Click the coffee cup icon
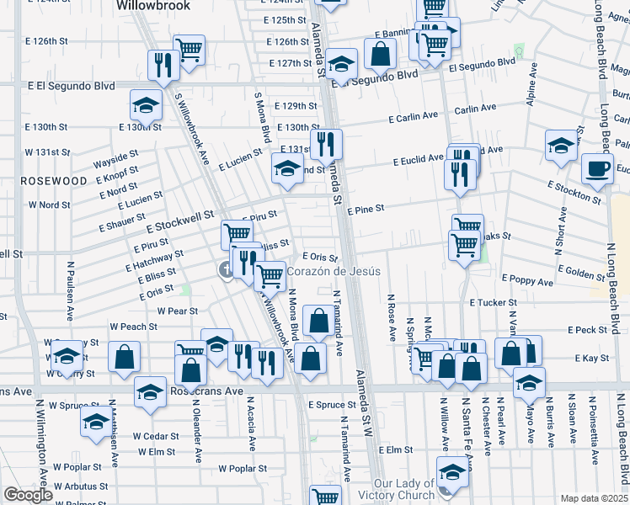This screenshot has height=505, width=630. (597, 167)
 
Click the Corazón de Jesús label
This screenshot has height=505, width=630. (334, 271)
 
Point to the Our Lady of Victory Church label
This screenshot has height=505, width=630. (403, 490)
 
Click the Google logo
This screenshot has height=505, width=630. (28, 495)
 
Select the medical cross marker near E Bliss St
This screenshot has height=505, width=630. (226, 269)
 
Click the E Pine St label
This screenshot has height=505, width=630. (365, 208)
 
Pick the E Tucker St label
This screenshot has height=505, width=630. (493, 302)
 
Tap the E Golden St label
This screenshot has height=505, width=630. (575, 274)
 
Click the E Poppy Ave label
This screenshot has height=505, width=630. (526, 278)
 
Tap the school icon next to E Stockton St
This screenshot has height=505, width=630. (560, 146)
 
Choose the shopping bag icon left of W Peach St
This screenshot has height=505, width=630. (124, 356)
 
